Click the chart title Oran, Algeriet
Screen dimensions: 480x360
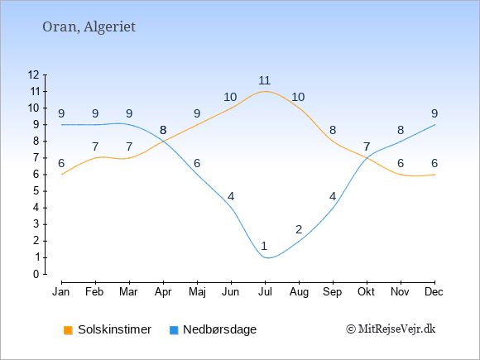pos(89,27)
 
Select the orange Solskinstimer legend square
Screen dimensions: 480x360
pos(68,330)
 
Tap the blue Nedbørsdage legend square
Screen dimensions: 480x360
pos(174,330)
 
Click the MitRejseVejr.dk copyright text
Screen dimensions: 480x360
pos(391,329)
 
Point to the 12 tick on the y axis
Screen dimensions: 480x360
pos(33,74)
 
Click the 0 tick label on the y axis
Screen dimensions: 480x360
pos(36,274)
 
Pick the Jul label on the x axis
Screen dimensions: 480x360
pos(265,292)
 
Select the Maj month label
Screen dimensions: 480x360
pos(197,292)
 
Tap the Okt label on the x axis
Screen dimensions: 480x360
pos(366,292)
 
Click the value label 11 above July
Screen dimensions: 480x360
pos(265,80)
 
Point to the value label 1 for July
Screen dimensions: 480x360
pos(264,246)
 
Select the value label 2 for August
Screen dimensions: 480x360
pos(299,229)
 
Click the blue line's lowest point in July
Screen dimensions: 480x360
pos(267,257)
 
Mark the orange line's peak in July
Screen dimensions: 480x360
pos(265,91)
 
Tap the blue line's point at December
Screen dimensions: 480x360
pos(434,125)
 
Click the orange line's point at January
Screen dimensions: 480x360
pos(62,175)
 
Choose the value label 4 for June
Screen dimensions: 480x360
pos(231,196)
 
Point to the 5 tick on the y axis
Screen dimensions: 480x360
pos(36,191)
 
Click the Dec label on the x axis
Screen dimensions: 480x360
pos(434,292)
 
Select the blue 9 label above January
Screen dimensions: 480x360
pos(61,113)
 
